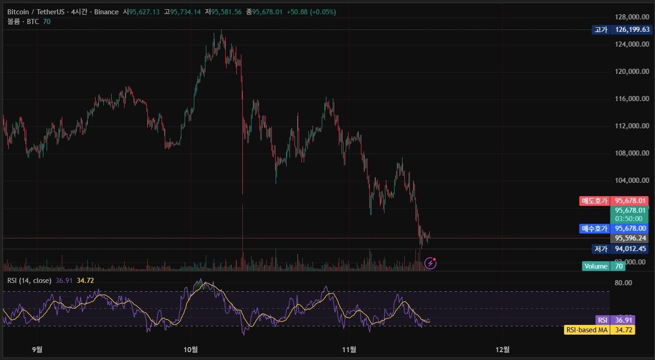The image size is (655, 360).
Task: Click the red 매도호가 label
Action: (595, 201)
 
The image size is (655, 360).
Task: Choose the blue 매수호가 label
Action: (595, 228)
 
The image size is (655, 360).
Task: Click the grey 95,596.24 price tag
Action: (629, 238)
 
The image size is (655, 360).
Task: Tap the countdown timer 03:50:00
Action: (629, 219)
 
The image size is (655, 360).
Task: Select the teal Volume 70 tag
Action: (603, 266)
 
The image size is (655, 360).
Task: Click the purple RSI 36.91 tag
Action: (615, 320)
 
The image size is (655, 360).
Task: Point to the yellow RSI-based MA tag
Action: (600, 330)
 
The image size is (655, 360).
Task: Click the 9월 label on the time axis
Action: (37, 349)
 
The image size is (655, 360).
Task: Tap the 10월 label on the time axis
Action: (191, 349)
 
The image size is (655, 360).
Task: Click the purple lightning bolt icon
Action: (430, 264)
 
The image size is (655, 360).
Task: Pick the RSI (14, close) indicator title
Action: (29, 281)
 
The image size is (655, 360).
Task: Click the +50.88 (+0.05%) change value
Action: (311, 12)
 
